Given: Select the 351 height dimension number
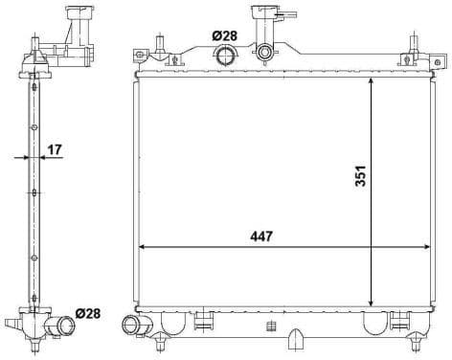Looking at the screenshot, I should pyautogui.click(x=360, y=176).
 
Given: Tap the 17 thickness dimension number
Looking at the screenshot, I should pyautogui.click(x=55, y=148).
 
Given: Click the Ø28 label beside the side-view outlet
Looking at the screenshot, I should pyautogui.click(x=87, y=313).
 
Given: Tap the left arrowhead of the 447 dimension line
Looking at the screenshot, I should pyautogui.click(x=144, y=248).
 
